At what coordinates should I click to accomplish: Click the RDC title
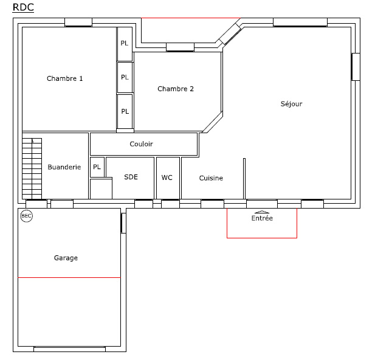(x=23, y=7)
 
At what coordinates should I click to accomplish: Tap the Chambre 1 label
(x=64, y=78)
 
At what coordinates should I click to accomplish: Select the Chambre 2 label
(x=176, y=89)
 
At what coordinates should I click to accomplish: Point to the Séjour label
(x=291, y=103)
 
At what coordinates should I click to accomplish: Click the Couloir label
(x=141, y=144)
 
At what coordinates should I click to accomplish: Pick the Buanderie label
(x=64, y=167)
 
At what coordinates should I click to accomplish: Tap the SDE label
(x=131, y=177)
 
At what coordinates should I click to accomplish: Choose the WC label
(x=167, y=178)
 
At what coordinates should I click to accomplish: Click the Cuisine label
(x=211, y=178)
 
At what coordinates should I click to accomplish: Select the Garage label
(x=66, y=258)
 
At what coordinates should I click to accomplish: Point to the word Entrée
(x=262, y=218)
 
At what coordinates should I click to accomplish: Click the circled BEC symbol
(x=26, y=216)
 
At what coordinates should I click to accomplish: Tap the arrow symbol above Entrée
(x=262, y=212)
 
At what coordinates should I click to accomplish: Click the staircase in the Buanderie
(x=32, y=168)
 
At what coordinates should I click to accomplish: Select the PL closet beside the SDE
(x=97, y=167)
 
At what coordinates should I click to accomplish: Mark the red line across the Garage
(x=69, y=278)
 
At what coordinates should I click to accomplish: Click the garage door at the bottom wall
(x=70, y=349)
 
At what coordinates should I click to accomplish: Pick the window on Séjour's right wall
(x=356, y=67)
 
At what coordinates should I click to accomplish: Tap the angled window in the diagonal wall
(x=230, y=34)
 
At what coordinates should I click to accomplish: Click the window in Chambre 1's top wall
(x=78, y=22)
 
